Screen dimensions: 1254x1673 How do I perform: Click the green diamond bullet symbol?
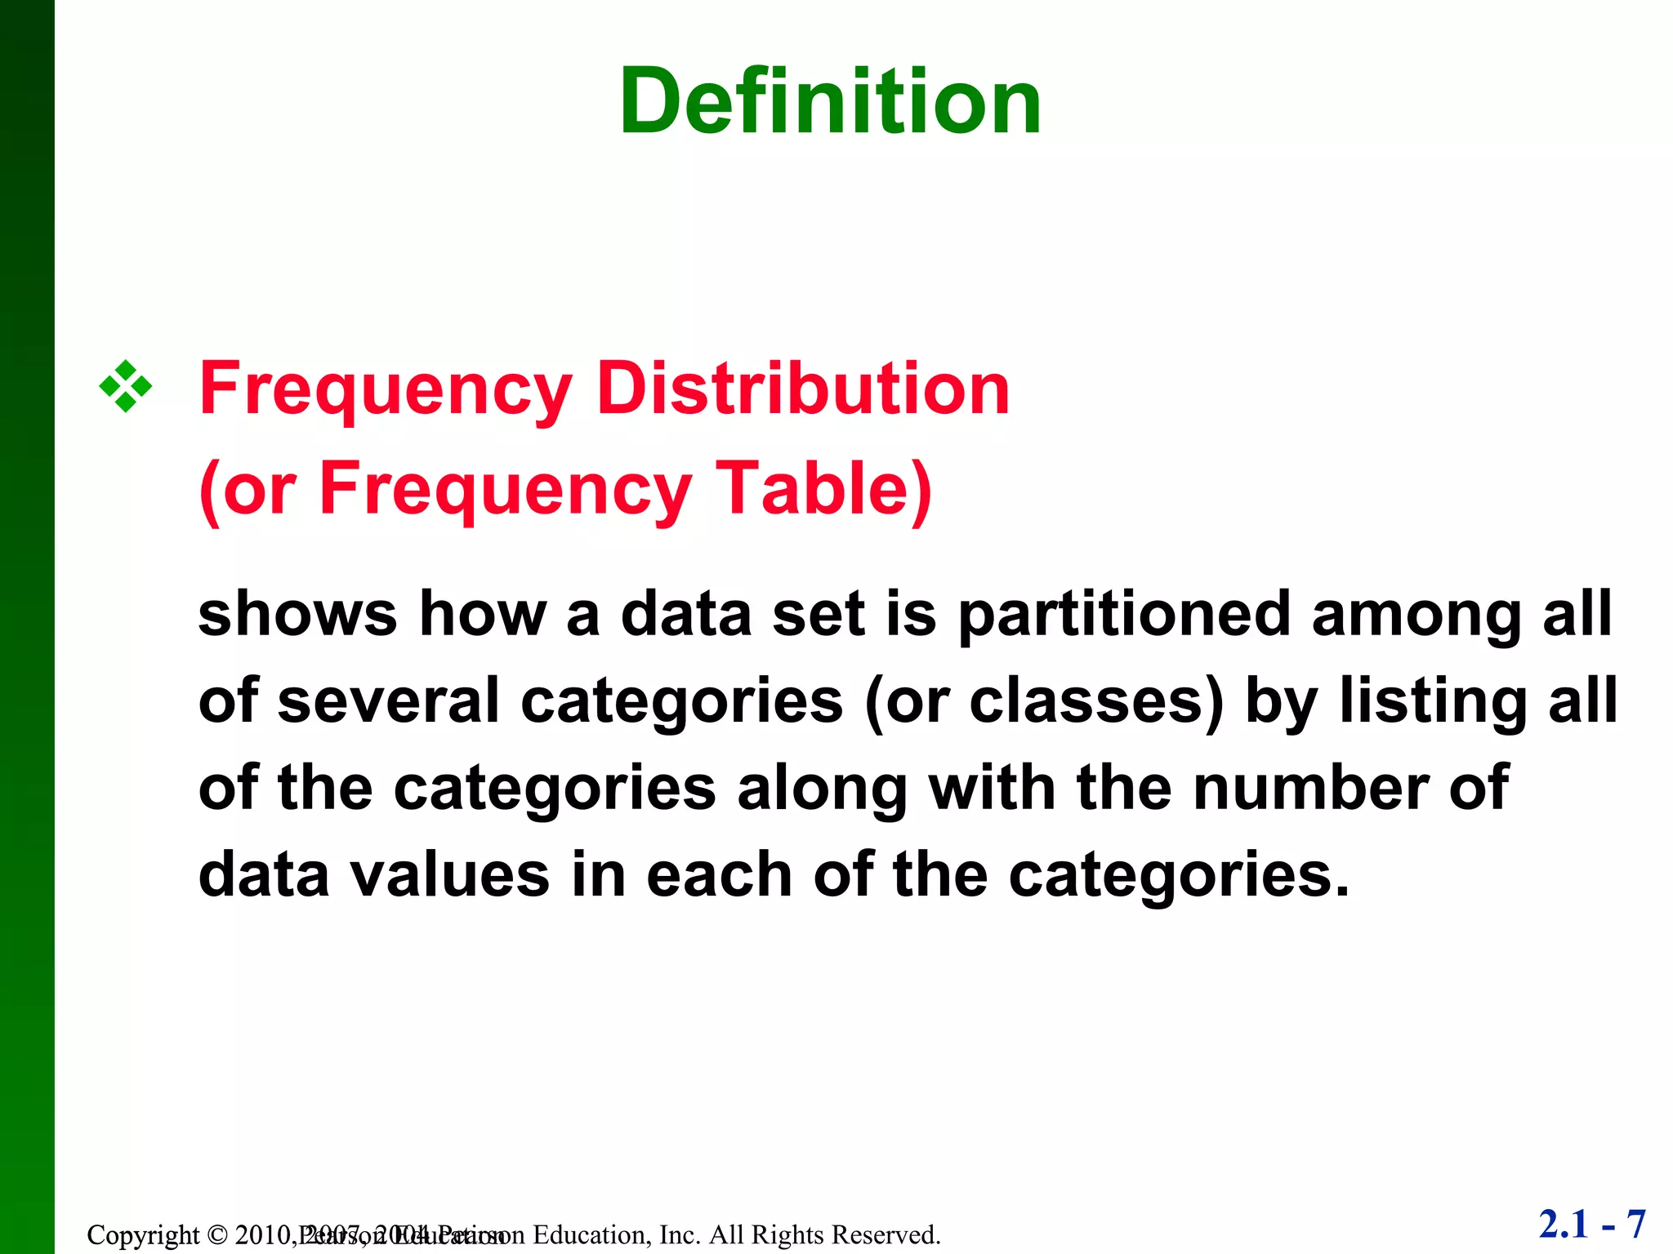126,386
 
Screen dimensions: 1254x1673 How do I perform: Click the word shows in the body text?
297,614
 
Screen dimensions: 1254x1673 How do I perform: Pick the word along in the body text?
823,789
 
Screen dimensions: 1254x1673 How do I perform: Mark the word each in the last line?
720,875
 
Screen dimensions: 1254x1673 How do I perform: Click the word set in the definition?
819,615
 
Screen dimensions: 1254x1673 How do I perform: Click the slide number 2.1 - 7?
1592,1225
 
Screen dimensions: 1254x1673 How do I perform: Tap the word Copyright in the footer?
143,1235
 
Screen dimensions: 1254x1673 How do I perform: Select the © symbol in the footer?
216,1235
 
